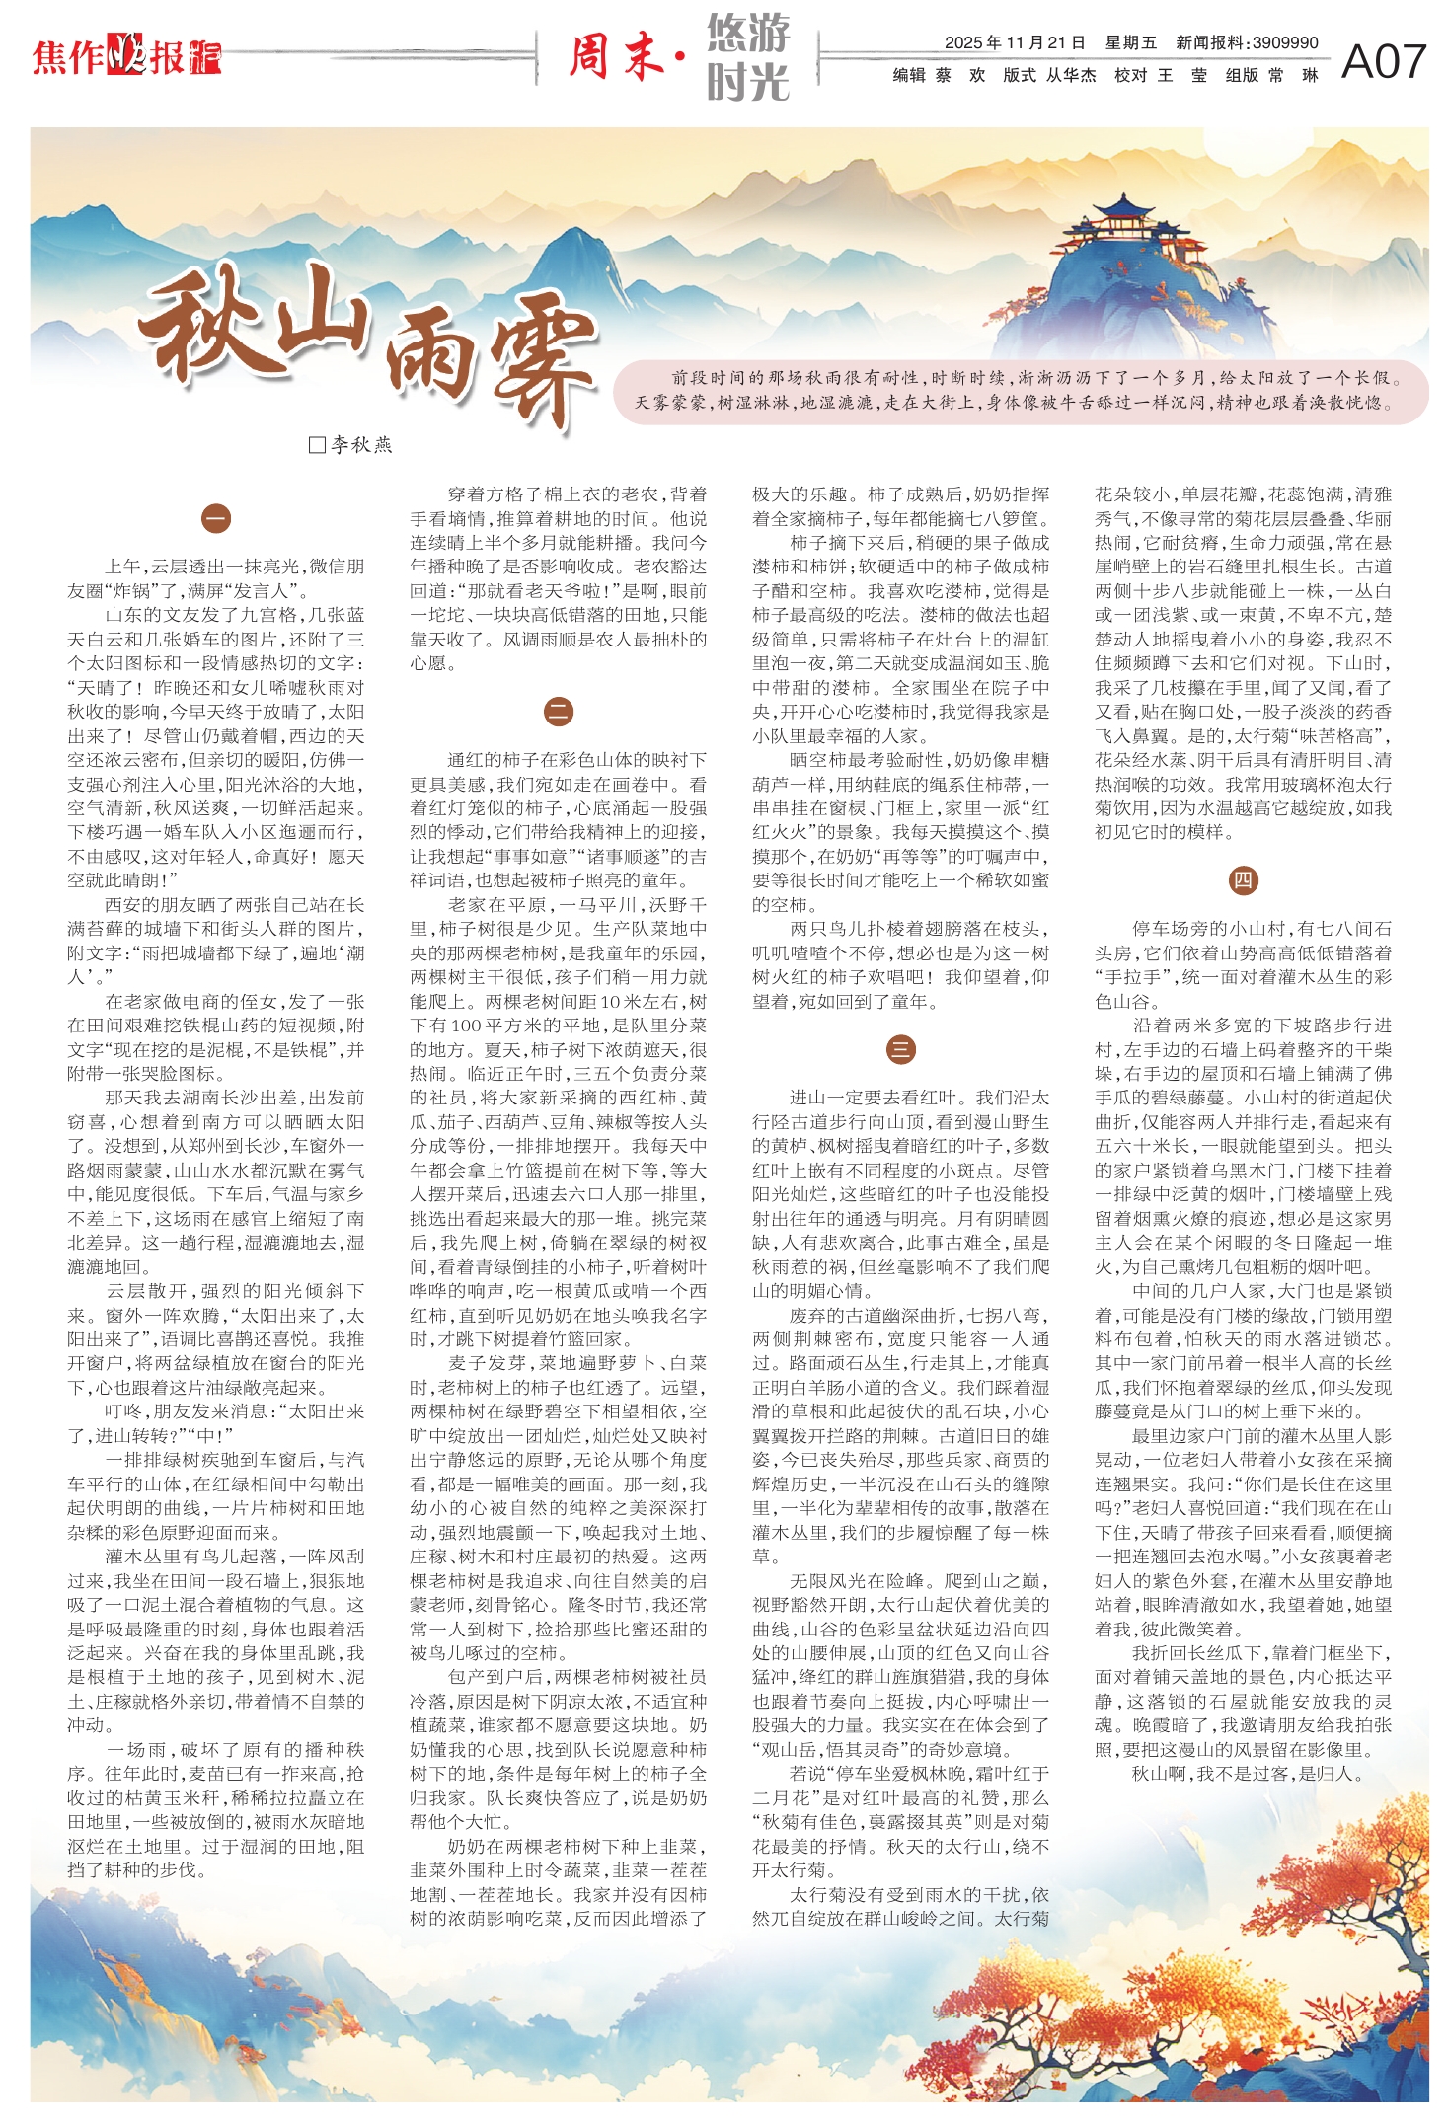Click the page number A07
click(x=1384, y=61)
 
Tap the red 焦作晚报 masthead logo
click(x=126, y=57)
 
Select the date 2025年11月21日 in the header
click(x=1014, y=42)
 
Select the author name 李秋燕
click(x=361, y=445)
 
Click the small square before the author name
click(x=317, y=445)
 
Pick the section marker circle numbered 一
click(x=215, y=518)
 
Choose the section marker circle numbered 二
click(x=559, y=712)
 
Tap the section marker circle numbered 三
click(x=900, y=1049)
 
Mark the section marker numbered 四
click(x=1243, y=880)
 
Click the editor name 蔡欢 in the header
click(x=959, y=75)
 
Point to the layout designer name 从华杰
click(x=1071, y=75)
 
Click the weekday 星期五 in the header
click(x=1130, y=42)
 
